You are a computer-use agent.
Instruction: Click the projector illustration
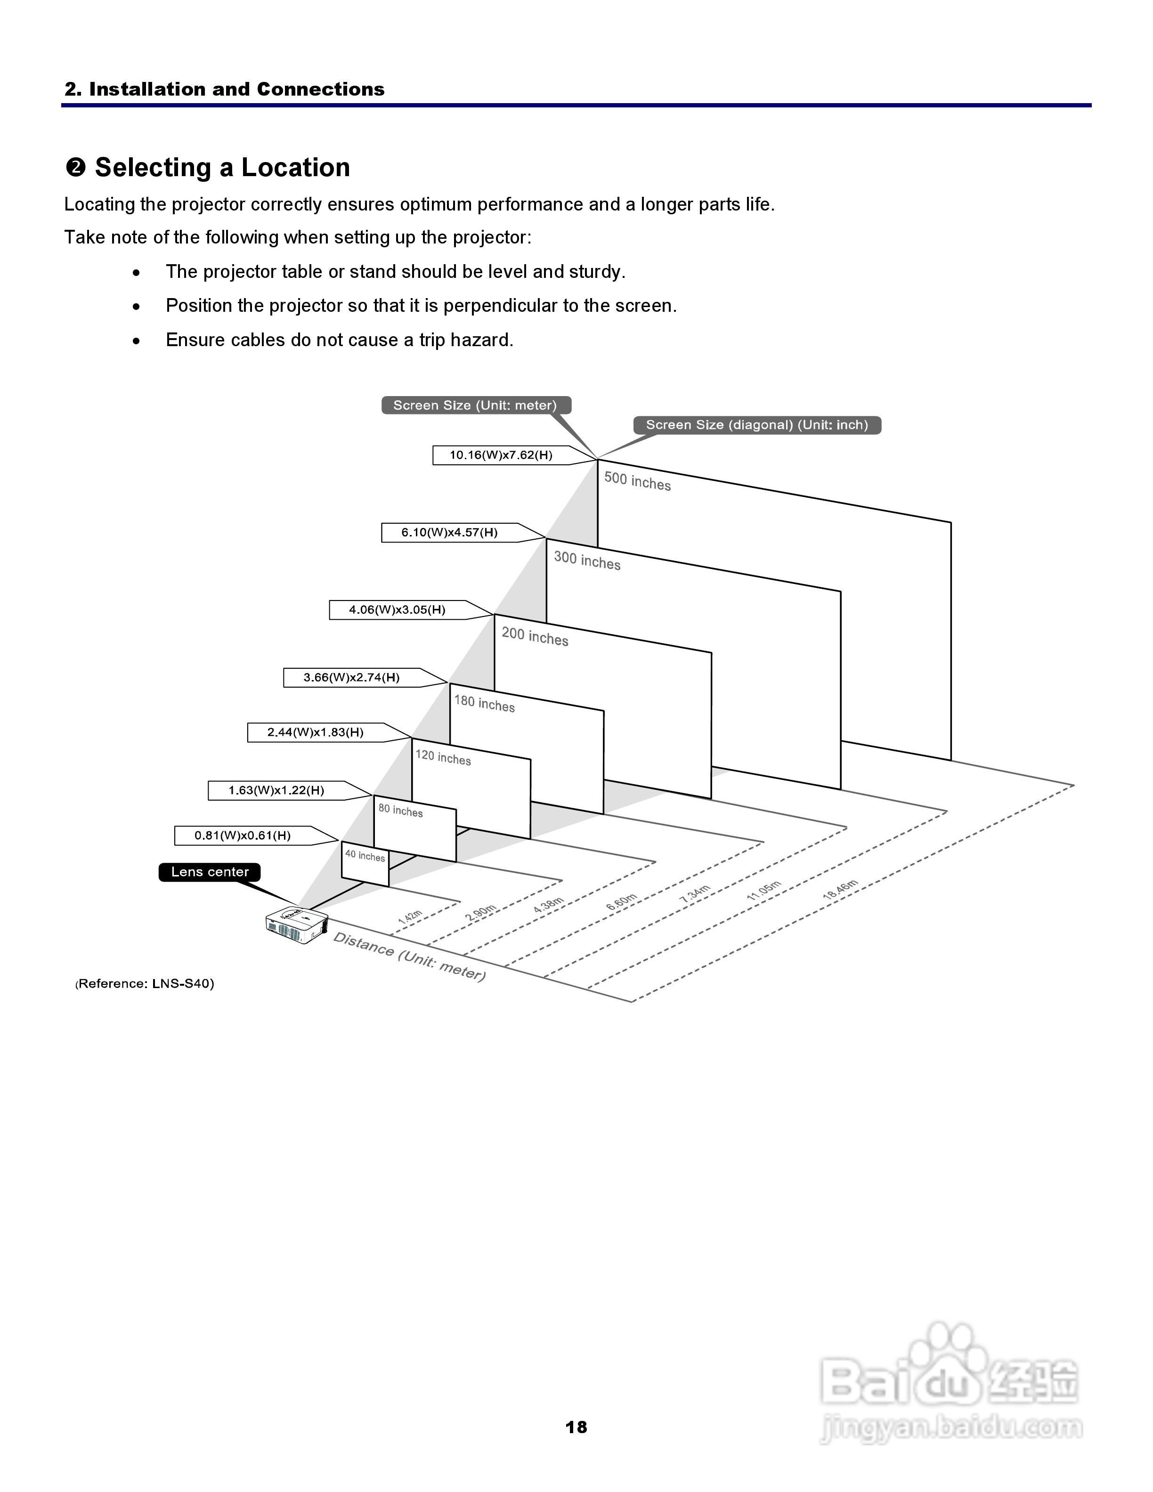click(296, 925)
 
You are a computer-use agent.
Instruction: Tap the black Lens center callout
click(210, 872)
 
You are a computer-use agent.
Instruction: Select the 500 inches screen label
click(637, 482)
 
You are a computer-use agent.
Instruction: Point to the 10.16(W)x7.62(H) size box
click(501, 455)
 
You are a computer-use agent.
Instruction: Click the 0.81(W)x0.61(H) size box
click(243, 835)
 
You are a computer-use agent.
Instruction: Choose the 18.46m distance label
click(839, 890)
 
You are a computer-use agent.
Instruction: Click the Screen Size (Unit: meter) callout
click(475, 405)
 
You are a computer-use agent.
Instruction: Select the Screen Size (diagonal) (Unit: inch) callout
click(757, 425)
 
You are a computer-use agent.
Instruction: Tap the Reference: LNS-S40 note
click(145, 984)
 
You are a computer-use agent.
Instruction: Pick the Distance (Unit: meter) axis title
click(408, 957)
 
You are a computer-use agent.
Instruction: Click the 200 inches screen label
click(535, 637)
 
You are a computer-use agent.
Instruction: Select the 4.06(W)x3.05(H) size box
click(397, 610)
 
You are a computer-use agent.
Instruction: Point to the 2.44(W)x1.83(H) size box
click(315, 732)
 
